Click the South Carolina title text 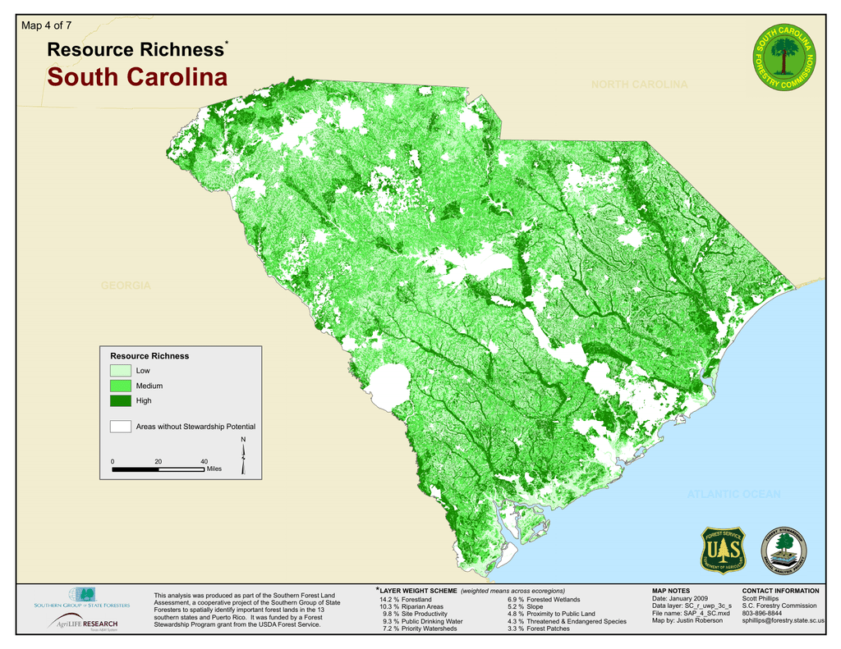(x=137, y=78)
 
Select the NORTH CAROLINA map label (x=639, y=85)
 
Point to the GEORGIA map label (x=126, y=286)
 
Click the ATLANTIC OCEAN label (x=733, y=494)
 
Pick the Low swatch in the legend (x=121, y=371)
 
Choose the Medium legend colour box (x=121, y=386)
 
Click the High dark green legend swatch (x=121, y=400)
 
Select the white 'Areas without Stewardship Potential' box (x=121, y=427)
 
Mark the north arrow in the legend (x=243, y=458)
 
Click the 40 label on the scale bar (x=204, y=461)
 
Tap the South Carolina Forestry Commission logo (x=784, y=58)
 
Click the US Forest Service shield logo (x=723, y=550)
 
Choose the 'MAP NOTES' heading (x=671, y=591)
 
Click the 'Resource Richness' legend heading (x=149, y=356)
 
